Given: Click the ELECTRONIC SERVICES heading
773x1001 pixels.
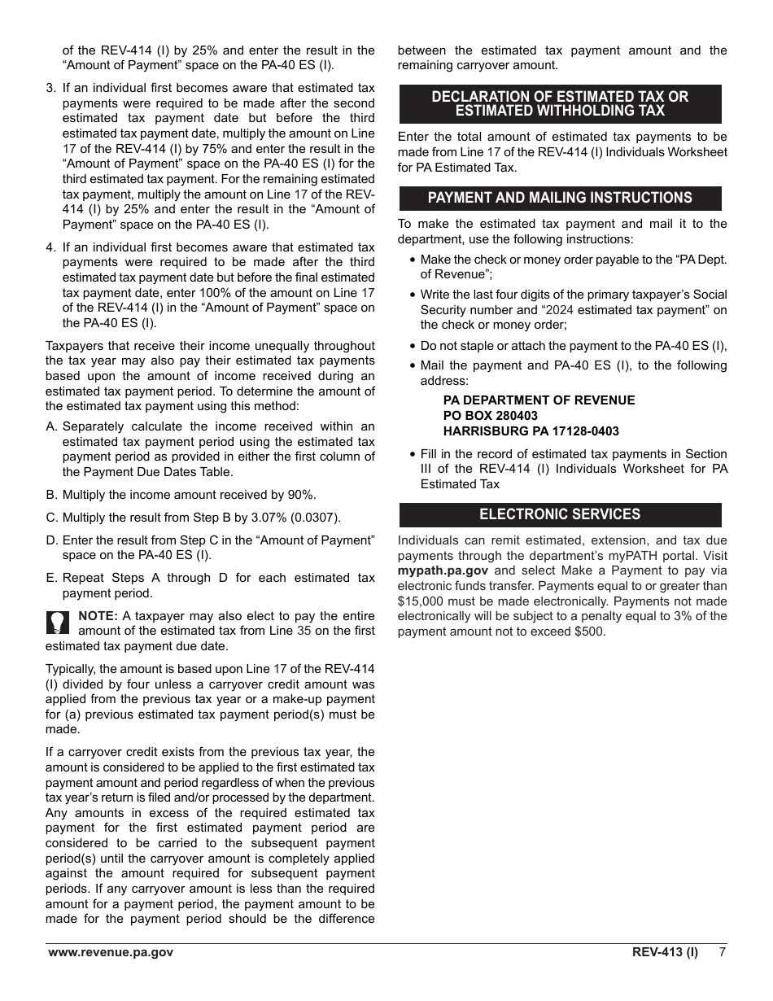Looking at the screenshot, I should click(560, 514).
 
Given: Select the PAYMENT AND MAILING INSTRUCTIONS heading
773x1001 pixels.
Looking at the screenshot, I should click(560, 198).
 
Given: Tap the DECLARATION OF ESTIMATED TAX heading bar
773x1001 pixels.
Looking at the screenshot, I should click(560, 103).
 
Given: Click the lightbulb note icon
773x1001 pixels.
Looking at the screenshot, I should click(57, 623).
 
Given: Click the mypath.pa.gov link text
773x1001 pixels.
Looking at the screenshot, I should click(443, 570).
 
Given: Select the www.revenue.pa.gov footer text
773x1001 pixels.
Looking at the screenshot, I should click(111, 952).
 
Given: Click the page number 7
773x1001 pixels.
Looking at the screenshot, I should click(722, 952).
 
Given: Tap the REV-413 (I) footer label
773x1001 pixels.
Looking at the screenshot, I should click(665, 952).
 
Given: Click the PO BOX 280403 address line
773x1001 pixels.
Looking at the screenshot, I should click(490, 416).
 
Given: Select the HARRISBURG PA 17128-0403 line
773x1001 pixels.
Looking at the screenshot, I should click(531, 431).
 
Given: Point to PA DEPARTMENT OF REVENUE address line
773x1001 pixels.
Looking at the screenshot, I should click(539, 400).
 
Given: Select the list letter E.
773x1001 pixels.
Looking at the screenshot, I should click(51, 578).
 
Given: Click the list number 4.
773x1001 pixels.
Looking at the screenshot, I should click(50, 247).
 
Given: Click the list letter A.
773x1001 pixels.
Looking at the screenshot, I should click(51, 426).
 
